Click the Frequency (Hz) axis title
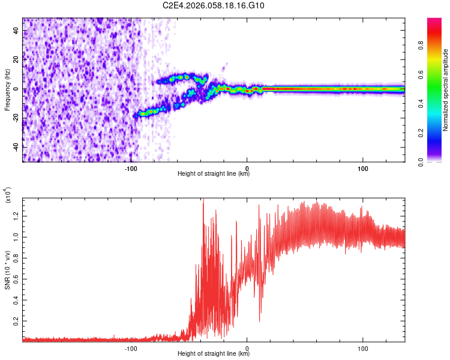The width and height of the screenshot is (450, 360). (7, 89)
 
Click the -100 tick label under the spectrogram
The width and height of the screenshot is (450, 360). (131, 167)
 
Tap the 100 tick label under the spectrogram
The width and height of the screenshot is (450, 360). (362, 167)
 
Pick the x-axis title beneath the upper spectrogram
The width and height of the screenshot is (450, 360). (214, 174)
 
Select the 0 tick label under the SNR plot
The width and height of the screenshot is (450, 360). (247, 347)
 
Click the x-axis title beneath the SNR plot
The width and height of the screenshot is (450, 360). (214, 354)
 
